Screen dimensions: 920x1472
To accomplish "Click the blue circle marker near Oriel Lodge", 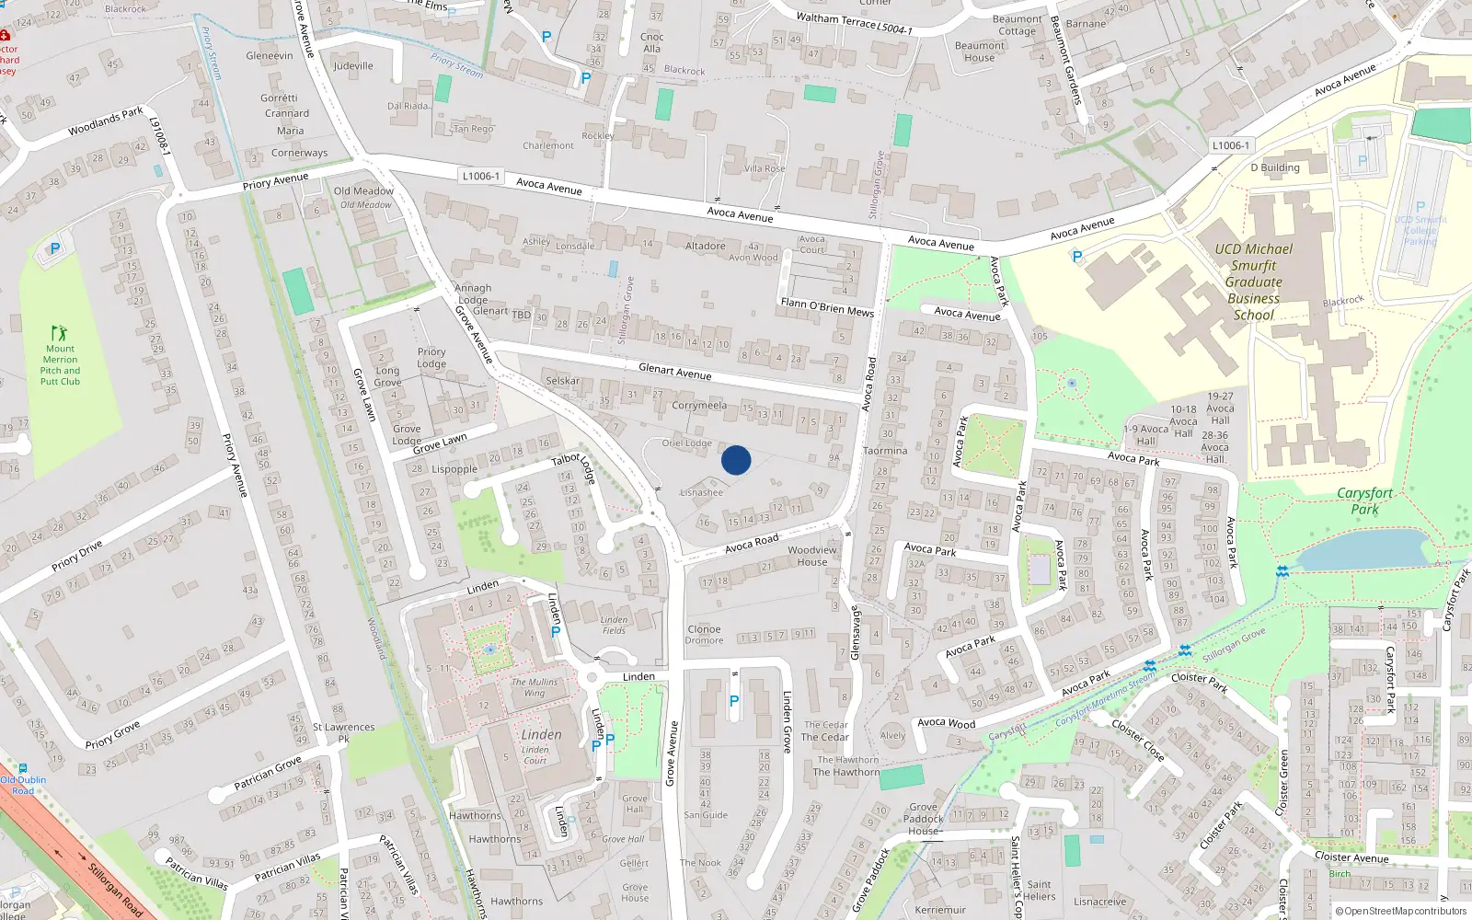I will point(736,460).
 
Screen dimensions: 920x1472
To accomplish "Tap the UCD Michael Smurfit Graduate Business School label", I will point(1253,282).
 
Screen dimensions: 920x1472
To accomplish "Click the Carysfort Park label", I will point(1364,500).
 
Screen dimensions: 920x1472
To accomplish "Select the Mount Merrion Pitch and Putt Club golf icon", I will point(60,333).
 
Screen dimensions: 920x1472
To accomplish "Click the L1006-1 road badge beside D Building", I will point(1230,145).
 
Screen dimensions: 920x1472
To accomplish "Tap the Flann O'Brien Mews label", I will point(827,306).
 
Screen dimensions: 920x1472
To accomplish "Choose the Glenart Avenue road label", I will point(675,371).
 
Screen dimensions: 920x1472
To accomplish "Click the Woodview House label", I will point(812,556).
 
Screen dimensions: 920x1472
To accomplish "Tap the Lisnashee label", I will point(701,492).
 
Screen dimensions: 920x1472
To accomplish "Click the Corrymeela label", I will point(699,405).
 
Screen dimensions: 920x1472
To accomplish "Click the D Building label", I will point(1274,167).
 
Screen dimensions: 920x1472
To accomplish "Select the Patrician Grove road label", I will point(267,773).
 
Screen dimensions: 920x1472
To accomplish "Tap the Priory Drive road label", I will point(77,556).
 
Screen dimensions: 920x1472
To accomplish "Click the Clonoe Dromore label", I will point(704,635).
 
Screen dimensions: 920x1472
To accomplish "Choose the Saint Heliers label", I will point(1040,891).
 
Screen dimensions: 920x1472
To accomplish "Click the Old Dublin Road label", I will point(23,785).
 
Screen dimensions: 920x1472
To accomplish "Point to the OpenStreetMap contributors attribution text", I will point(1401,912).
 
